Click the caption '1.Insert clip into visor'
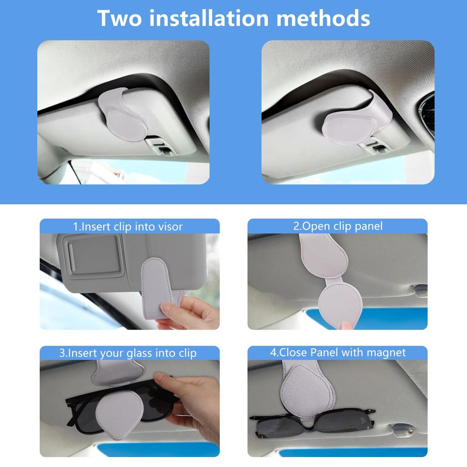[128, 226]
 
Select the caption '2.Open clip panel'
[337, 226]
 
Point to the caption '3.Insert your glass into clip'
[128, 353]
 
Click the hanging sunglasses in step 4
[315, 422]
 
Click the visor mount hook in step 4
[401, 429]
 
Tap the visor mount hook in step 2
[419, 289]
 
